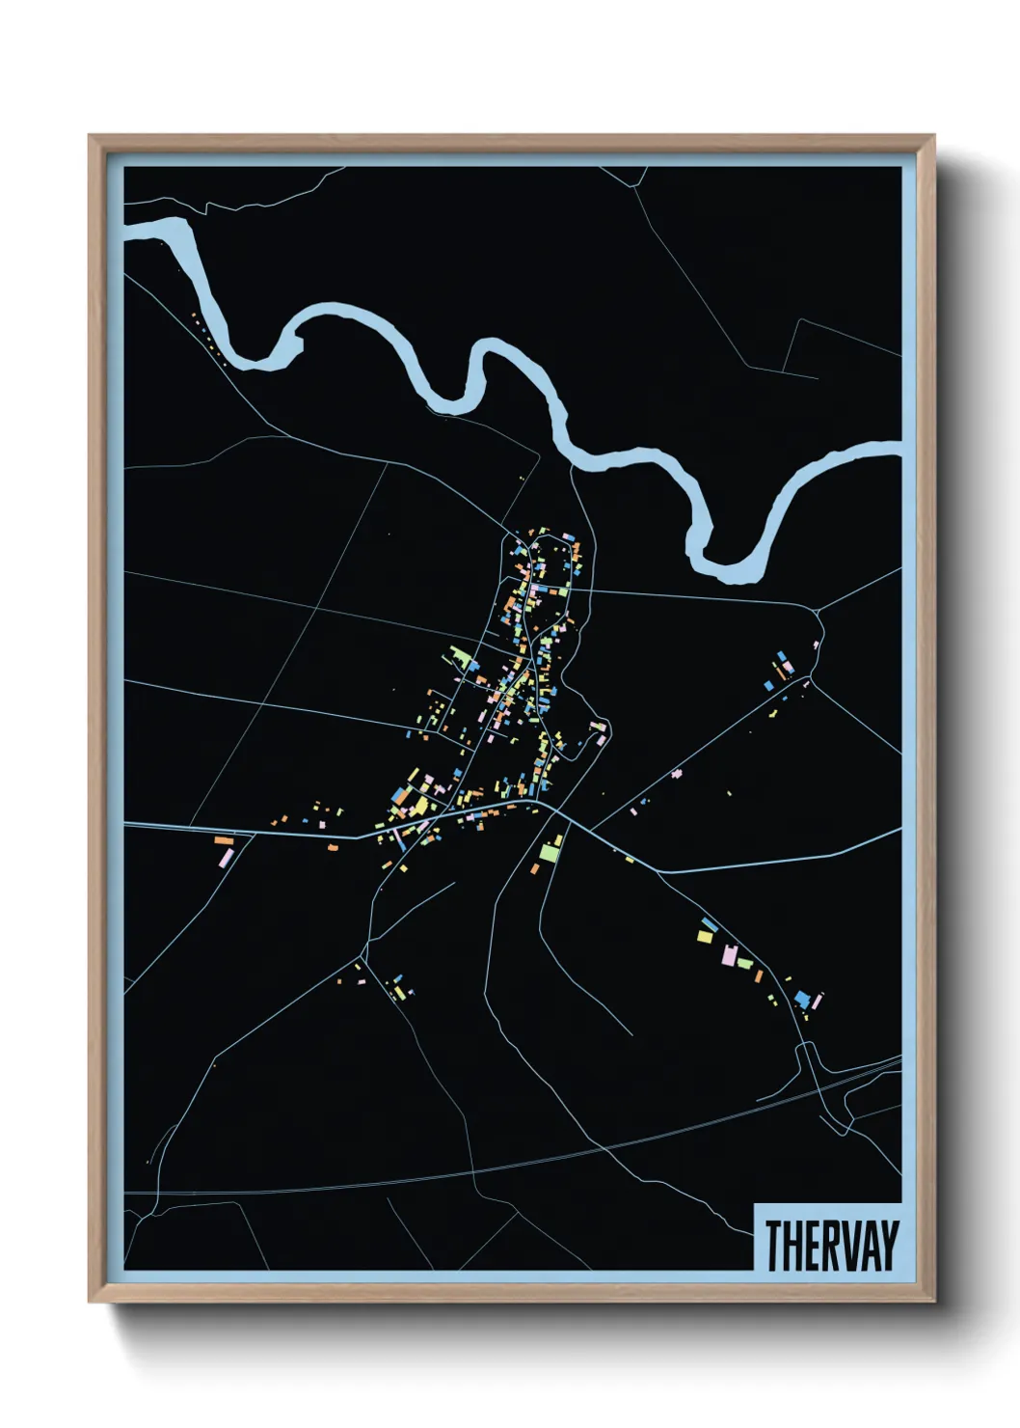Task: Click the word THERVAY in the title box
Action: [x=831, y=1245]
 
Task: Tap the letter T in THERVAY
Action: [x=773, y=1245]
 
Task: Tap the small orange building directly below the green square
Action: [x=534, y=869]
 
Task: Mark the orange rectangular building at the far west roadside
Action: [x=224, y=840]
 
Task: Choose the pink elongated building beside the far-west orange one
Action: [x=226, y=856]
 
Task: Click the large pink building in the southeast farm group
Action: [x=730, y=955]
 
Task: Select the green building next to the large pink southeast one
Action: [x=744, y=962]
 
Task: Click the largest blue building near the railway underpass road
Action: [x=802, y=997]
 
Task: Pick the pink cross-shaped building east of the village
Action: [x=677, y=773]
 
